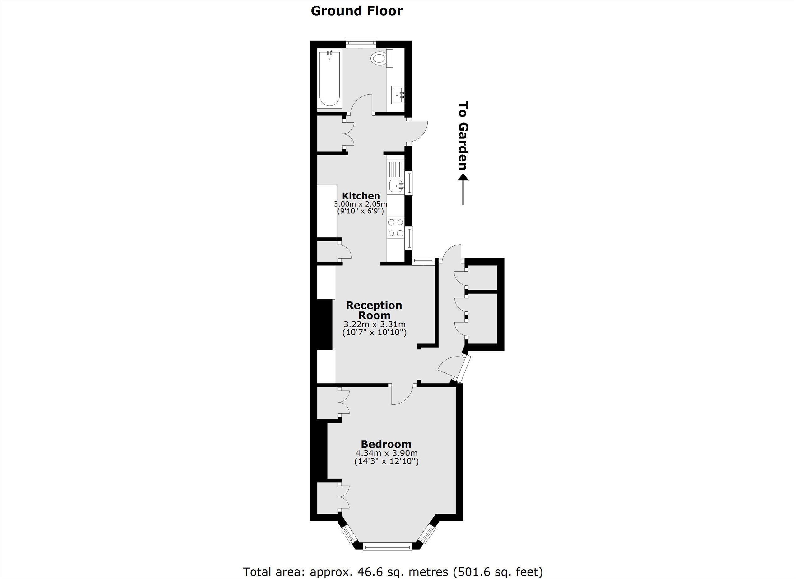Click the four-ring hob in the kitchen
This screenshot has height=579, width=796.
[396, 227]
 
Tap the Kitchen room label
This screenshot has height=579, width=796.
[361, 196]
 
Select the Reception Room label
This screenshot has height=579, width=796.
[374, 310]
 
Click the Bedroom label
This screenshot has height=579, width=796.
[386, 444]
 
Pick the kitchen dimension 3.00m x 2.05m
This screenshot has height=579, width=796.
[361, 204]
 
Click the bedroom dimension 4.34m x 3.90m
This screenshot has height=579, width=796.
[386, 453]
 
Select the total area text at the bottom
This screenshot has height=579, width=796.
[393, 572]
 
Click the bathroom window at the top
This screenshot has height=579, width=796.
[361, 44]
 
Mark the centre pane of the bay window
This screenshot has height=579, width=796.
[387, 546]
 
